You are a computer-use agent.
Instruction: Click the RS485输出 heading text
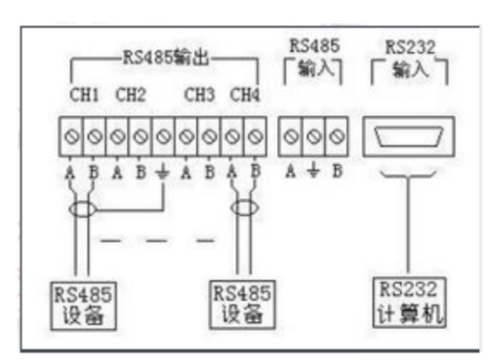pyautogui.click(x=162, y=59)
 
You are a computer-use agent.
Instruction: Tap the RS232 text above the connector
pyautogui.click(x=410, y=45)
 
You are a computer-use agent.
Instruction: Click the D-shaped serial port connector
pyautogui.click(x=408, y=138)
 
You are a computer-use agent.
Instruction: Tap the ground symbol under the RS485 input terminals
pyautogui.click(x=311, y=170)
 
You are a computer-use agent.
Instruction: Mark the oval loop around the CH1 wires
pyautogui.click(x=83, y=208)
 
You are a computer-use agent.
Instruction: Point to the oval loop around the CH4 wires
pyautogui.click(x=244, y=208)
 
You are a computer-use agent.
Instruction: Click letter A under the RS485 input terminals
pyautogui.click(x=291, y=169)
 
